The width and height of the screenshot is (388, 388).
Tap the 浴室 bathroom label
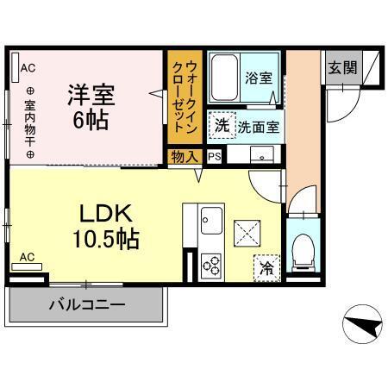pos(260,78)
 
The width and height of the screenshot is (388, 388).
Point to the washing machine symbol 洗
pos(222,125)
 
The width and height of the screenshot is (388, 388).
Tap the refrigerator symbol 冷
pos(267,268)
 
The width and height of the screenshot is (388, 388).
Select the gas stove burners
pos(211,265)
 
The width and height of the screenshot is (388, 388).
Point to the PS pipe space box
pos(214,156)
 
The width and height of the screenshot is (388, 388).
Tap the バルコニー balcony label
pos(86,304)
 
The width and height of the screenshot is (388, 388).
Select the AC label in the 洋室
pos(27,67)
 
